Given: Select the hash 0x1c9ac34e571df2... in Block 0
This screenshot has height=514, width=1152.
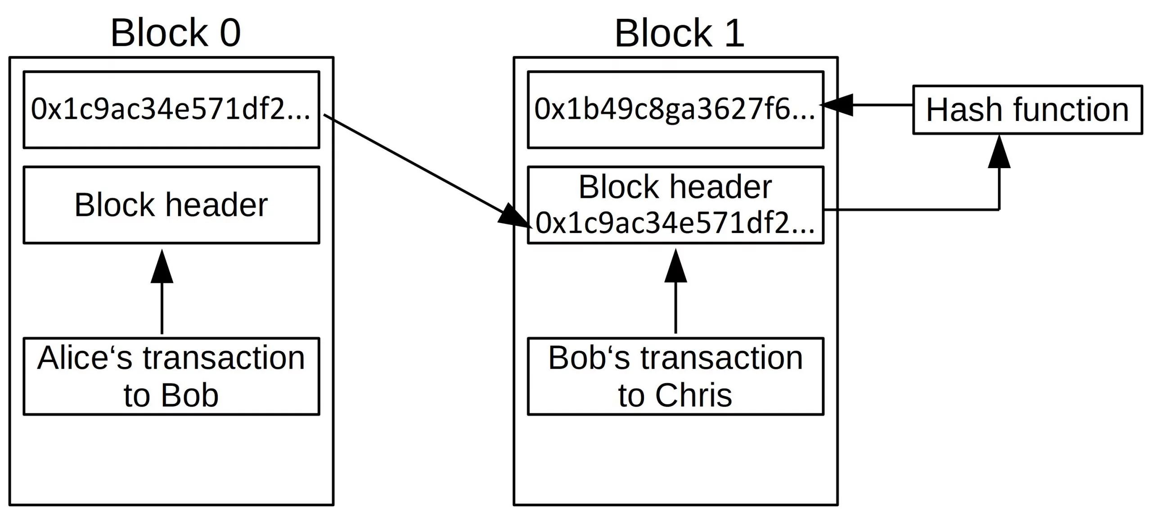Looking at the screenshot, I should click(171, 109).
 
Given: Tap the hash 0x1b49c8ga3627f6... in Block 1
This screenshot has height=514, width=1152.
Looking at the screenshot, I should click(675, 109).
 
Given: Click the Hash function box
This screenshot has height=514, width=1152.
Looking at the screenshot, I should click(1027, 110).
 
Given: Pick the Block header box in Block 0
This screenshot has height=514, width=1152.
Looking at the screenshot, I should click(171, 205).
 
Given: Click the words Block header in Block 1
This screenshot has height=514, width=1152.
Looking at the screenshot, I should click(675, 187).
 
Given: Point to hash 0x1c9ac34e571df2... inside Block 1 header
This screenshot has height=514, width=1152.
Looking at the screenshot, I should click(675, 223).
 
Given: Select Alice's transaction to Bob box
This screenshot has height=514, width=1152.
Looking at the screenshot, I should click(171, 376).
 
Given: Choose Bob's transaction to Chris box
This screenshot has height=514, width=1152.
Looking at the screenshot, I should click(675, 376).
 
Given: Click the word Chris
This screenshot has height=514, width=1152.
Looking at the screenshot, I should click(693, 396).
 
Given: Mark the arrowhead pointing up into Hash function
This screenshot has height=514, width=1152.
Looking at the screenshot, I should click(999, 153).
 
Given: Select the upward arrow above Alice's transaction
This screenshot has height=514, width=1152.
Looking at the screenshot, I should click(162, 292).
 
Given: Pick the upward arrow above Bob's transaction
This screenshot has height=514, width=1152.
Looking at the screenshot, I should click(675, 292).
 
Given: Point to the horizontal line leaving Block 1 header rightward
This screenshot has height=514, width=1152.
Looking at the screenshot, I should click(909, 210).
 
